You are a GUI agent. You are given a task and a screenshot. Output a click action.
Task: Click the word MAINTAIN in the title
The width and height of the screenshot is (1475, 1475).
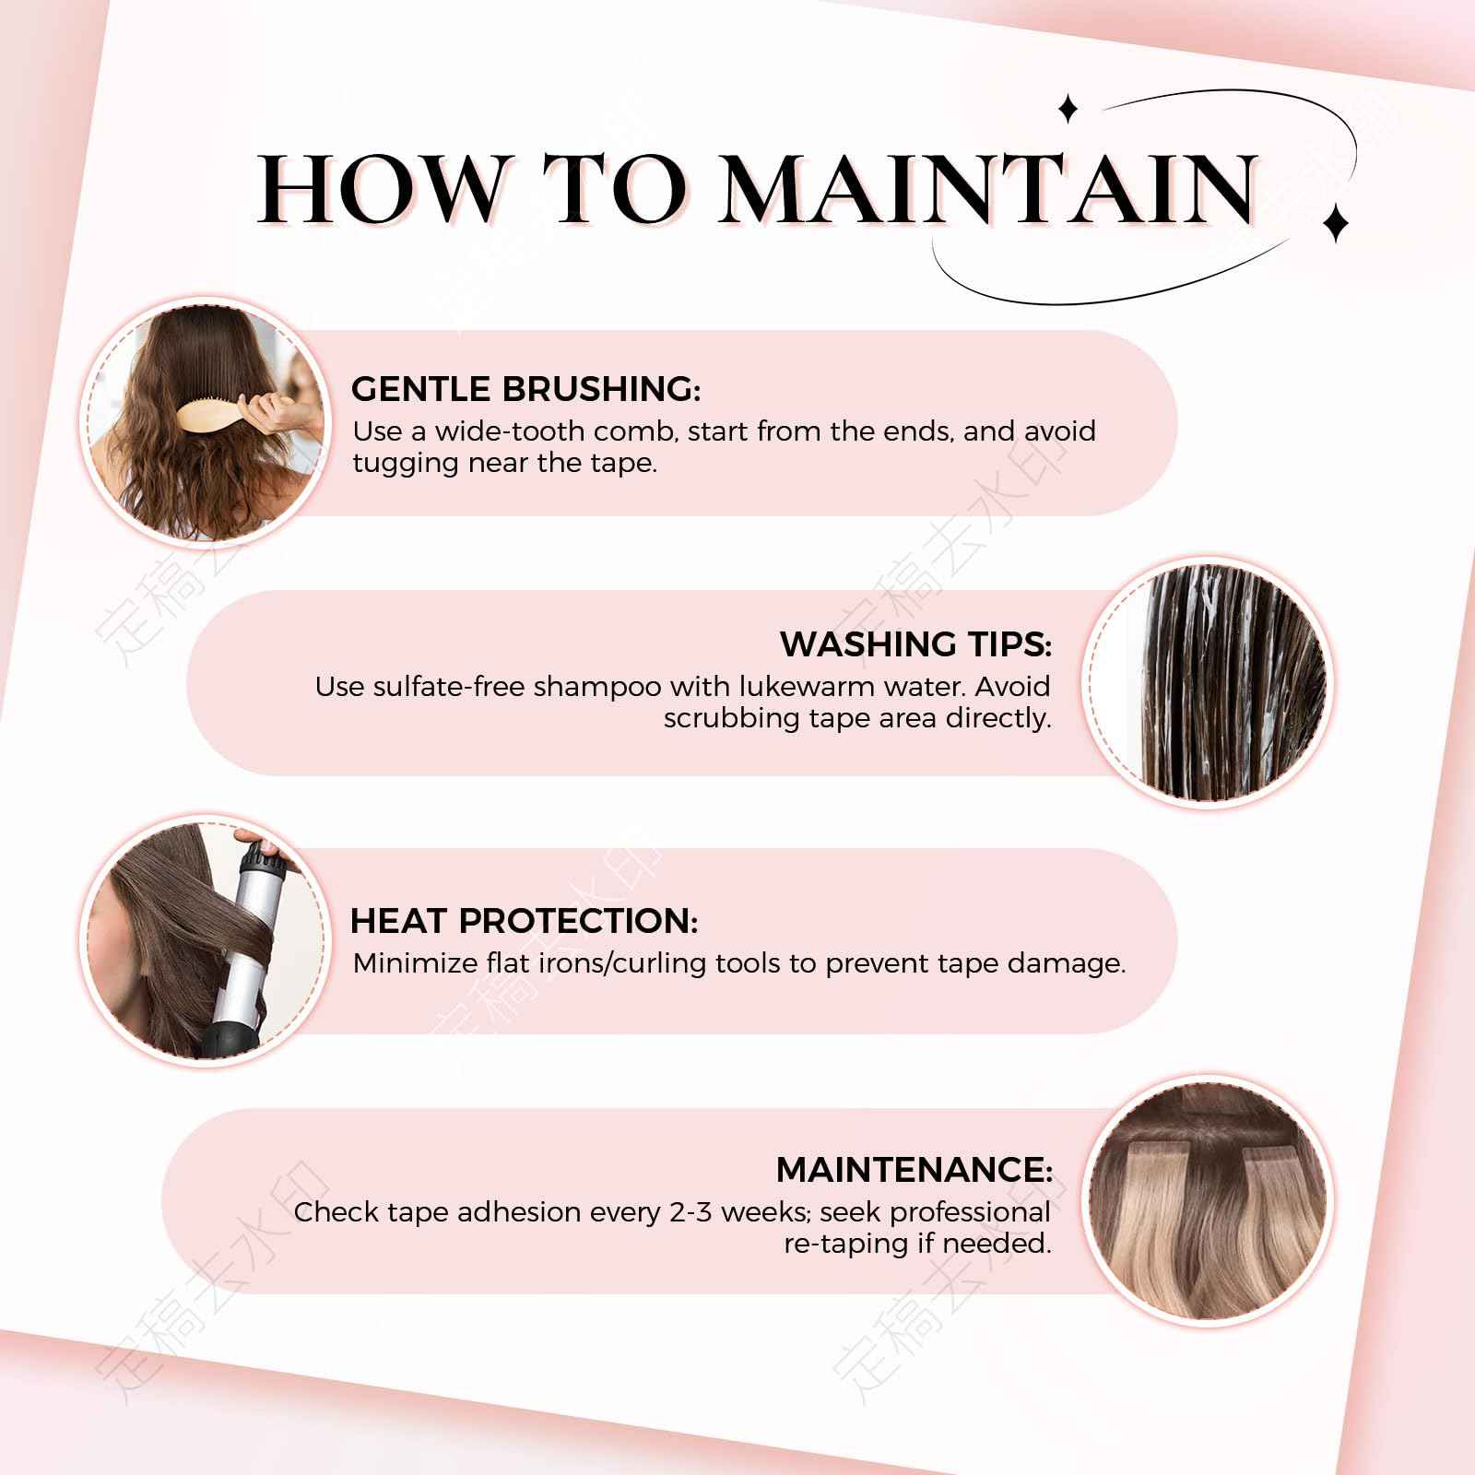[x=986, y=189]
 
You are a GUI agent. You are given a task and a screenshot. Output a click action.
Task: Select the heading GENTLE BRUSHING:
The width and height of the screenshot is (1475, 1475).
[x=525, y=389]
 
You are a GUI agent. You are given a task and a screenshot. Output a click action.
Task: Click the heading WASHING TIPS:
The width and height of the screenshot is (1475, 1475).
[x=915, y=644]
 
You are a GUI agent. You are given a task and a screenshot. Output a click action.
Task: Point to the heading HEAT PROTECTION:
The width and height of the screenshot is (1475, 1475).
[x=524, y=921]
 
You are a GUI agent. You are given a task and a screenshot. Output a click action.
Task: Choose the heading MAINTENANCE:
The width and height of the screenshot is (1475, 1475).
[x=914, y=1170]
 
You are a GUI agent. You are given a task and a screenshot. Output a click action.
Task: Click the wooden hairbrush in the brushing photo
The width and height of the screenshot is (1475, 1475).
[x=208, y=417]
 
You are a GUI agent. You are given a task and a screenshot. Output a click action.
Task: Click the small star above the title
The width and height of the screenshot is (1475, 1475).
[x=1068, y=109]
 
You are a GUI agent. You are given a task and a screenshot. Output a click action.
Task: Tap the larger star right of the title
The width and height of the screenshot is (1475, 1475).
[x=1335, y=221]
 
